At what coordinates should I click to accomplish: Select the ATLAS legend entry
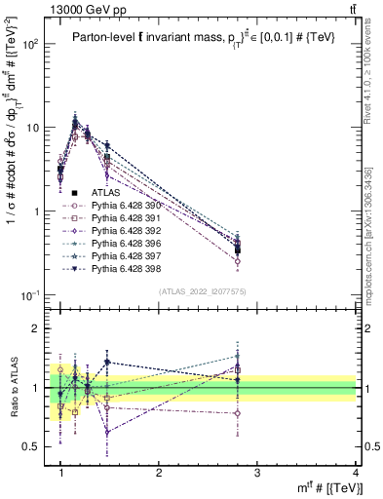(x=114, y=193)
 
